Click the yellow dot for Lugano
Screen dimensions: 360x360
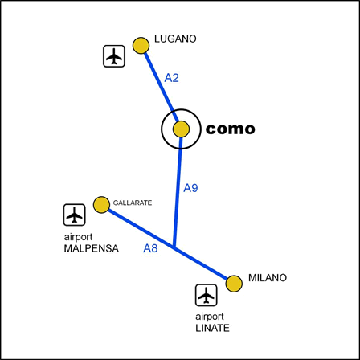coord(141,46)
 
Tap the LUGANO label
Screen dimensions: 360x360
coord(175,39)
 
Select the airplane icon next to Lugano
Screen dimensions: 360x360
coord(114,56)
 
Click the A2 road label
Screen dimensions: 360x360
coord(171,78)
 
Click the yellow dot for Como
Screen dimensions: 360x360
coord(181,129)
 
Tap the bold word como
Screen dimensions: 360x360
coord(230,129)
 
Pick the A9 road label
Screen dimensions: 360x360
coord(190,188)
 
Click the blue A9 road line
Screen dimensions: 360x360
coord(178,192)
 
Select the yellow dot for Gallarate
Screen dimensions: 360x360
coord(101,205)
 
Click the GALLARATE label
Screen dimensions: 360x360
coord(133,202)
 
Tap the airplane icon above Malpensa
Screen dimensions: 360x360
coord(75,215)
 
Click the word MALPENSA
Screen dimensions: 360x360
coord(91,248)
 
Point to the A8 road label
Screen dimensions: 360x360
coord(150,248)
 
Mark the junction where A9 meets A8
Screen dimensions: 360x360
coord(174,247)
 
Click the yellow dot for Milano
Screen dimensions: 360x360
coord(234,284)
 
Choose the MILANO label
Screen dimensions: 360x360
coord(268,278)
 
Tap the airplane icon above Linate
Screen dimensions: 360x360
coord(207,295)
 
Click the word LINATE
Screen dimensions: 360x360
coord(212,328)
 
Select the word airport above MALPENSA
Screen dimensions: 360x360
coord(78,237)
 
